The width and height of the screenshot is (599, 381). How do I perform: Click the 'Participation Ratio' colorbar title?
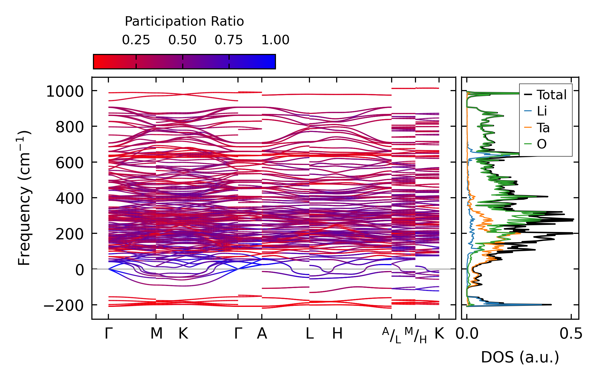point(184,21)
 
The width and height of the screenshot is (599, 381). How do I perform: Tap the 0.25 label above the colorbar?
point(136,40)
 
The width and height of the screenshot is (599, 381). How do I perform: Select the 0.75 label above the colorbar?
point(229,40)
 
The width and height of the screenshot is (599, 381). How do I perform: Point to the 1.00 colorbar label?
point(275,40)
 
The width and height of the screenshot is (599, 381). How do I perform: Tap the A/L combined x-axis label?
point(392,335)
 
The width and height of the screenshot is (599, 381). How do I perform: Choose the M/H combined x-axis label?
point(416,335)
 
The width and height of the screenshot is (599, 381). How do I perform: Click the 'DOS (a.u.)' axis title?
point(520,357)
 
